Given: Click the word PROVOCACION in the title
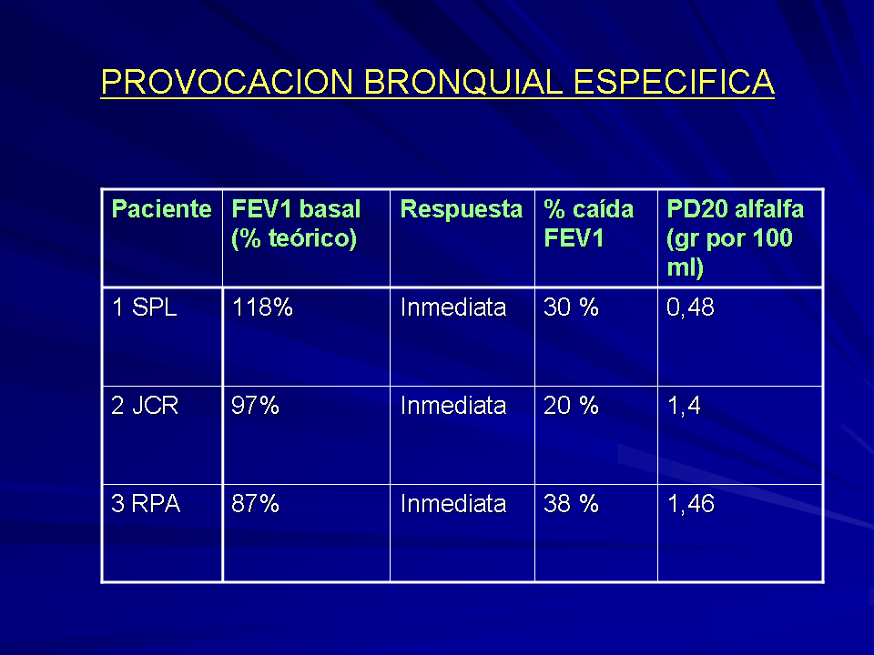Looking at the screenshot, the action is (x=227, y=82).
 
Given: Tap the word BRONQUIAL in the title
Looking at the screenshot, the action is (x=462, y=82).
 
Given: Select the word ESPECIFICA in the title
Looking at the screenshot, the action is (x=674, y=82).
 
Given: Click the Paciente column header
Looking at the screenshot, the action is (x=162, y=209).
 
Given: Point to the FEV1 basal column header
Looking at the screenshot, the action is (x=296, y=224).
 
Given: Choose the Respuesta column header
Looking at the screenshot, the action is (x=462, y=210).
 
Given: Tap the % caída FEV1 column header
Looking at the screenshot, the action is (x=589, y=224).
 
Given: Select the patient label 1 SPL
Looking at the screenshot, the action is (x=145, y=307).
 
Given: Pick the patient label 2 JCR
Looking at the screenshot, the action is (x=145, y=406).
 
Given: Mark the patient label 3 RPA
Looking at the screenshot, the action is (x=146, y=503).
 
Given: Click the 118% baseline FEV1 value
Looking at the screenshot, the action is (x=262, y=307).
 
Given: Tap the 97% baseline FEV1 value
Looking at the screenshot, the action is (x=255, y=406).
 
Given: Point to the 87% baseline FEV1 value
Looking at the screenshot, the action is (x=255, y=503).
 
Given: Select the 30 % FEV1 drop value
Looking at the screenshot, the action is (x=572, y=307).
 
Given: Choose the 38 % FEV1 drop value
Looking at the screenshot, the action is (x=572, y=503).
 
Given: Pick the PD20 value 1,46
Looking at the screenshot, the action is (x=691, y=504).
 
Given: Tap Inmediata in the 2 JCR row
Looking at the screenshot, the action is (x=453, y=406).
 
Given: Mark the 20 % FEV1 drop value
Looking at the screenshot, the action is (x=572, y=406).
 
